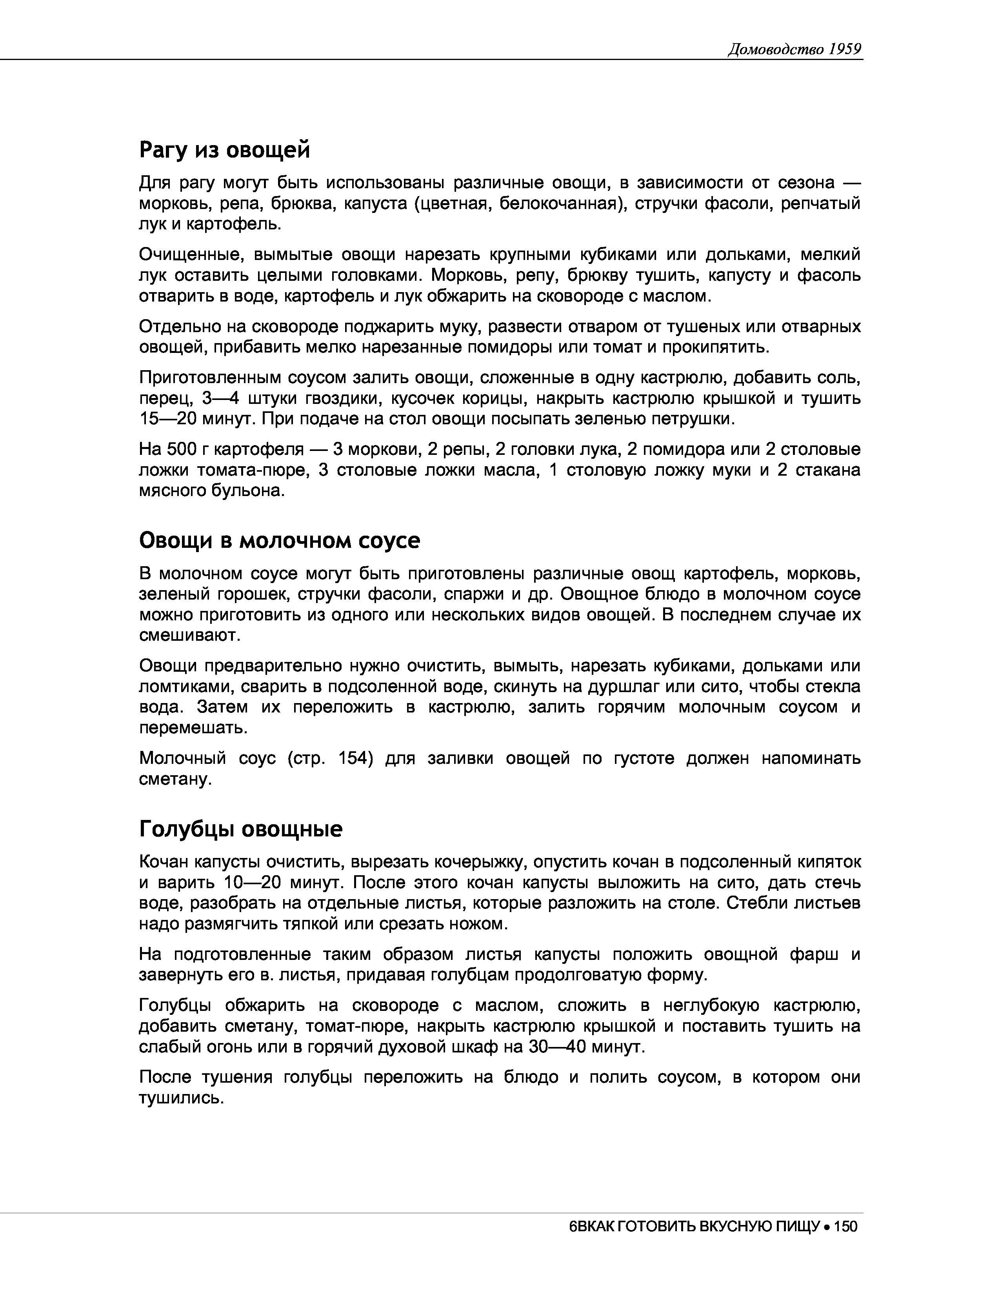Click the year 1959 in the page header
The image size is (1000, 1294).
coord(844,49)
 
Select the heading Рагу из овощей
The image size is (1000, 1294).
coord(225,150)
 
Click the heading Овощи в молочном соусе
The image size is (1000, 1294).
coord(280,540)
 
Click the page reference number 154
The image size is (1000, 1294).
coord(355,758)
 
